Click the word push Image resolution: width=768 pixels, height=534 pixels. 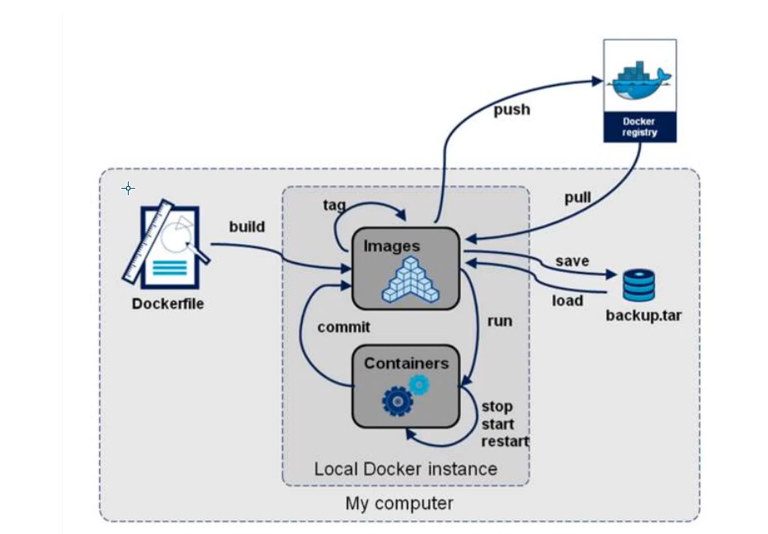point(511,110)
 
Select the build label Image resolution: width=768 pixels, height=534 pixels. point(247,226)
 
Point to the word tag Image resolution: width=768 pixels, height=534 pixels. point(334,204)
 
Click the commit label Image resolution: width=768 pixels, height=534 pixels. point(344,326)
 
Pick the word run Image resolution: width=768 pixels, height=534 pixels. point(500,321)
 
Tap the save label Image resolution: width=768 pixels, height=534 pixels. point(572,261)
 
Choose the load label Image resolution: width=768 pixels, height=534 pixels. point(568,300)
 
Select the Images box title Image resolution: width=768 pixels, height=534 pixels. point(392,246)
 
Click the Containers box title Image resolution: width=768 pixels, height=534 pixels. point(406,363)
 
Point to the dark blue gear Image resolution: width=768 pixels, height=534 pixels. point(397,401)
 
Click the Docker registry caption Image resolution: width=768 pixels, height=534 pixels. point(640,127)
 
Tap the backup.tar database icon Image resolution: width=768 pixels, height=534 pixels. point(638,284)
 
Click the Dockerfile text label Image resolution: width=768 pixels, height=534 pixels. point(167,303)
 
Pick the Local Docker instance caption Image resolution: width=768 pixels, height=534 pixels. point(405,469)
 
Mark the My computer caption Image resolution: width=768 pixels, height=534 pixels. point(399,503)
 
